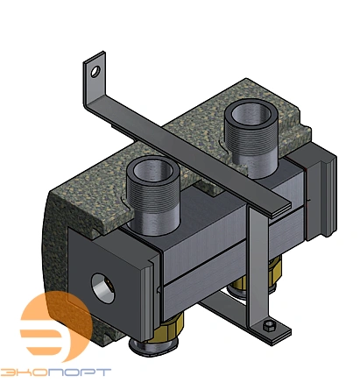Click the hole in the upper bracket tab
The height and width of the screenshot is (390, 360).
[x=95, y=72]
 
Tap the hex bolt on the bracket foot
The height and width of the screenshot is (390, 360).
[x=269, y=326]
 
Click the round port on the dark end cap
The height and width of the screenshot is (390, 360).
[x=102, y=288]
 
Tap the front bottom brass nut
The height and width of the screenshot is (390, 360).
[x=166, y=327]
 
